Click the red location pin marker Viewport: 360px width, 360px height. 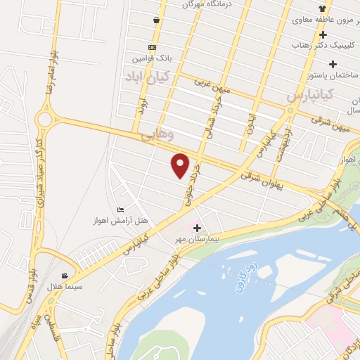181,165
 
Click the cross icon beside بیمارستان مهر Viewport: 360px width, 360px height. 197,229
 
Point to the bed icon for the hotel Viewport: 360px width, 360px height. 121,210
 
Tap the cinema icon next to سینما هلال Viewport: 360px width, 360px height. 65,276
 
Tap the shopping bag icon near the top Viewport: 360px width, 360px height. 155,20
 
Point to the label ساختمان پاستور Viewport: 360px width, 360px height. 330,74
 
